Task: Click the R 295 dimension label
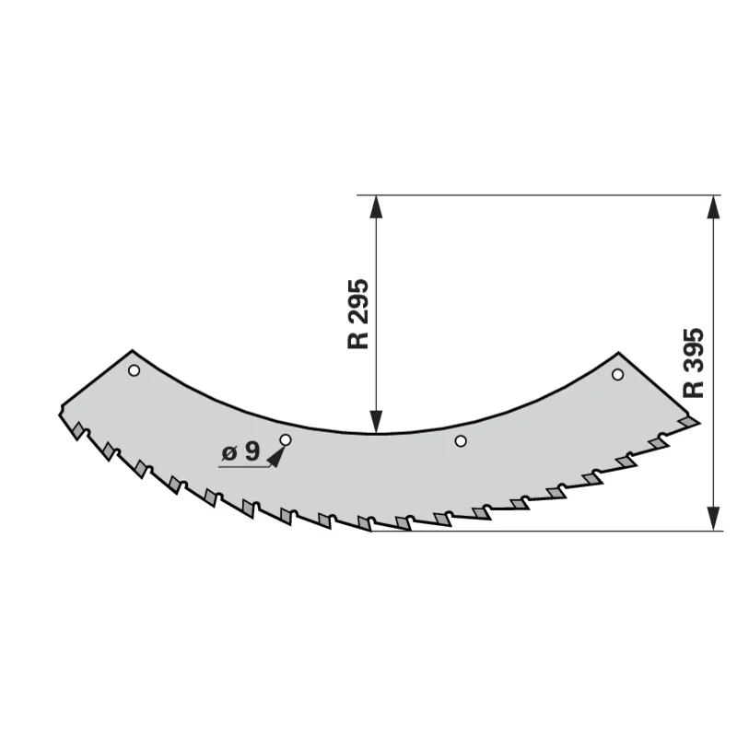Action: [x=358, y=314]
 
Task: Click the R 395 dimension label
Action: [x=694, y=363]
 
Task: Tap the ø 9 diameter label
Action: [x=240, y=452]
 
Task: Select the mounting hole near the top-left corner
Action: [x=134, y=371]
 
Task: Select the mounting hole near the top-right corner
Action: [x=617, y=375]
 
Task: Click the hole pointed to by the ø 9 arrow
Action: [x=286, y=440]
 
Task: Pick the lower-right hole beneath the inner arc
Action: [x=461, y=441]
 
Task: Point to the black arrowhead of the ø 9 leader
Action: [x=276, y=457]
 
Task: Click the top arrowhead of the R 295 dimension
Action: [x=376, y=206]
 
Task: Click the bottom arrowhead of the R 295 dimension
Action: [x=376, y=421]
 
